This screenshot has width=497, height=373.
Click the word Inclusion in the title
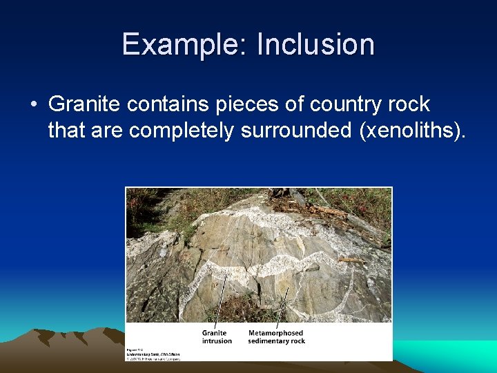pos(315,45)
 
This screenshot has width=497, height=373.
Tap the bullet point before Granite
pos(34,105)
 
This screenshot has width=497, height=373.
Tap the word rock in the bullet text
pos(410,104)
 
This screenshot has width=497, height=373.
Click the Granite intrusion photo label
pos(217,336)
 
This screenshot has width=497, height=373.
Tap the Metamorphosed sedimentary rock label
pos(275,336)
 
